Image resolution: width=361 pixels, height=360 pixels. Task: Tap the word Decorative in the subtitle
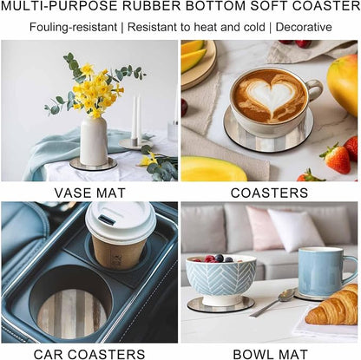[304, 27]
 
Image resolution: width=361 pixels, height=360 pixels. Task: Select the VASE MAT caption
[90, 193]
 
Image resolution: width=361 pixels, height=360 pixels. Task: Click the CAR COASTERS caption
[89, 354]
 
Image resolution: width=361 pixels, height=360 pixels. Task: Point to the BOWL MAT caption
[270, 354]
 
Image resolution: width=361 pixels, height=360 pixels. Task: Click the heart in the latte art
[272, 96]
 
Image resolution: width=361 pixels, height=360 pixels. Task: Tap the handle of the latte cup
[315, 90]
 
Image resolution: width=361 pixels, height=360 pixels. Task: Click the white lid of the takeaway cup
[121, 221]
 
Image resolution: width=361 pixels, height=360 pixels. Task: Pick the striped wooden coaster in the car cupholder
[72, 313]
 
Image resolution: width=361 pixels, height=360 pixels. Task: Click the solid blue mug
[323, 271]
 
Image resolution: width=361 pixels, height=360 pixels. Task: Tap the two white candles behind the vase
[136, 118]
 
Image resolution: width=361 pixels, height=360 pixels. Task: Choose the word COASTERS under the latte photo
[269, 193]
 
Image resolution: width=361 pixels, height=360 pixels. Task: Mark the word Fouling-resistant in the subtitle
[73, 27]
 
